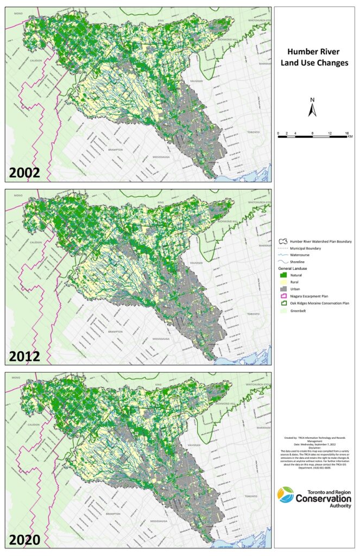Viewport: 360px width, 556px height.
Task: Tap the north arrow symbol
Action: [x=312, y=108]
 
